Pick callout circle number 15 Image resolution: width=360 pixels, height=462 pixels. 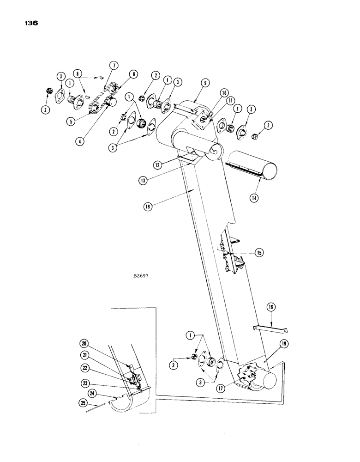(x=260, y=253)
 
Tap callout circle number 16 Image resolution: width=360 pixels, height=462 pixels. (x=271, y=306)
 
